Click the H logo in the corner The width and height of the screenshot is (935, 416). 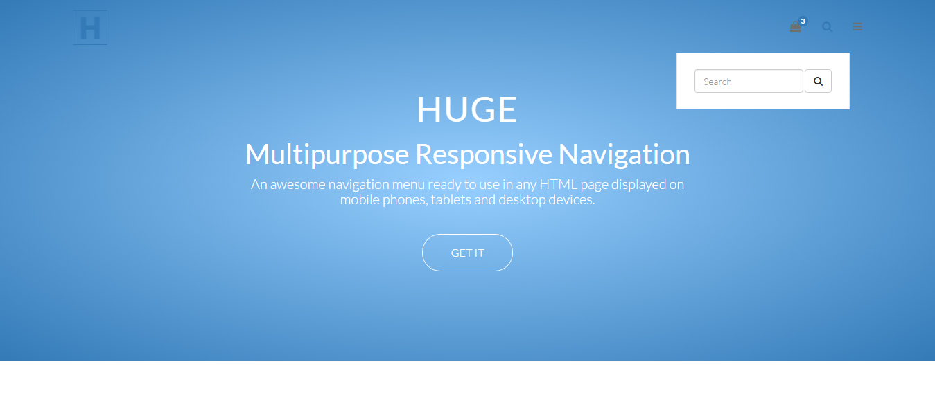coord(90,28)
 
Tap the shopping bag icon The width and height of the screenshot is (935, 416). coord(796,27)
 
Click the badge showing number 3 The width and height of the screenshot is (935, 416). coord(803,21)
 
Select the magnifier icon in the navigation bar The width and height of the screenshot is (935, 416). coord(827,27)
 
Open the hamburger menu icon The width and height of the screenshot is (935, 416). coord(857,27)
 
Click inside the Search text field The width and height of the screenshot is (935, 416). coord(749,81)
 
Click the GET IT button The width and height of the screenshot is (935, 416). coord(467,253)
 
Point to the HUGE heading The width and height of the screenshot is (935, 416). coord(467,109)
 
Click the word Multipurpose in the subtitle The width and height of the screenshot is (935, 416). coord(327,155)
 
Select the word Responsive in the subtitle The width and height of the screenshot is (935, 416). coord(483,154)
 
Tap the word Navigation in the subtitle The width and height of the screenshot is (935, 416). coord(624,155)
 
